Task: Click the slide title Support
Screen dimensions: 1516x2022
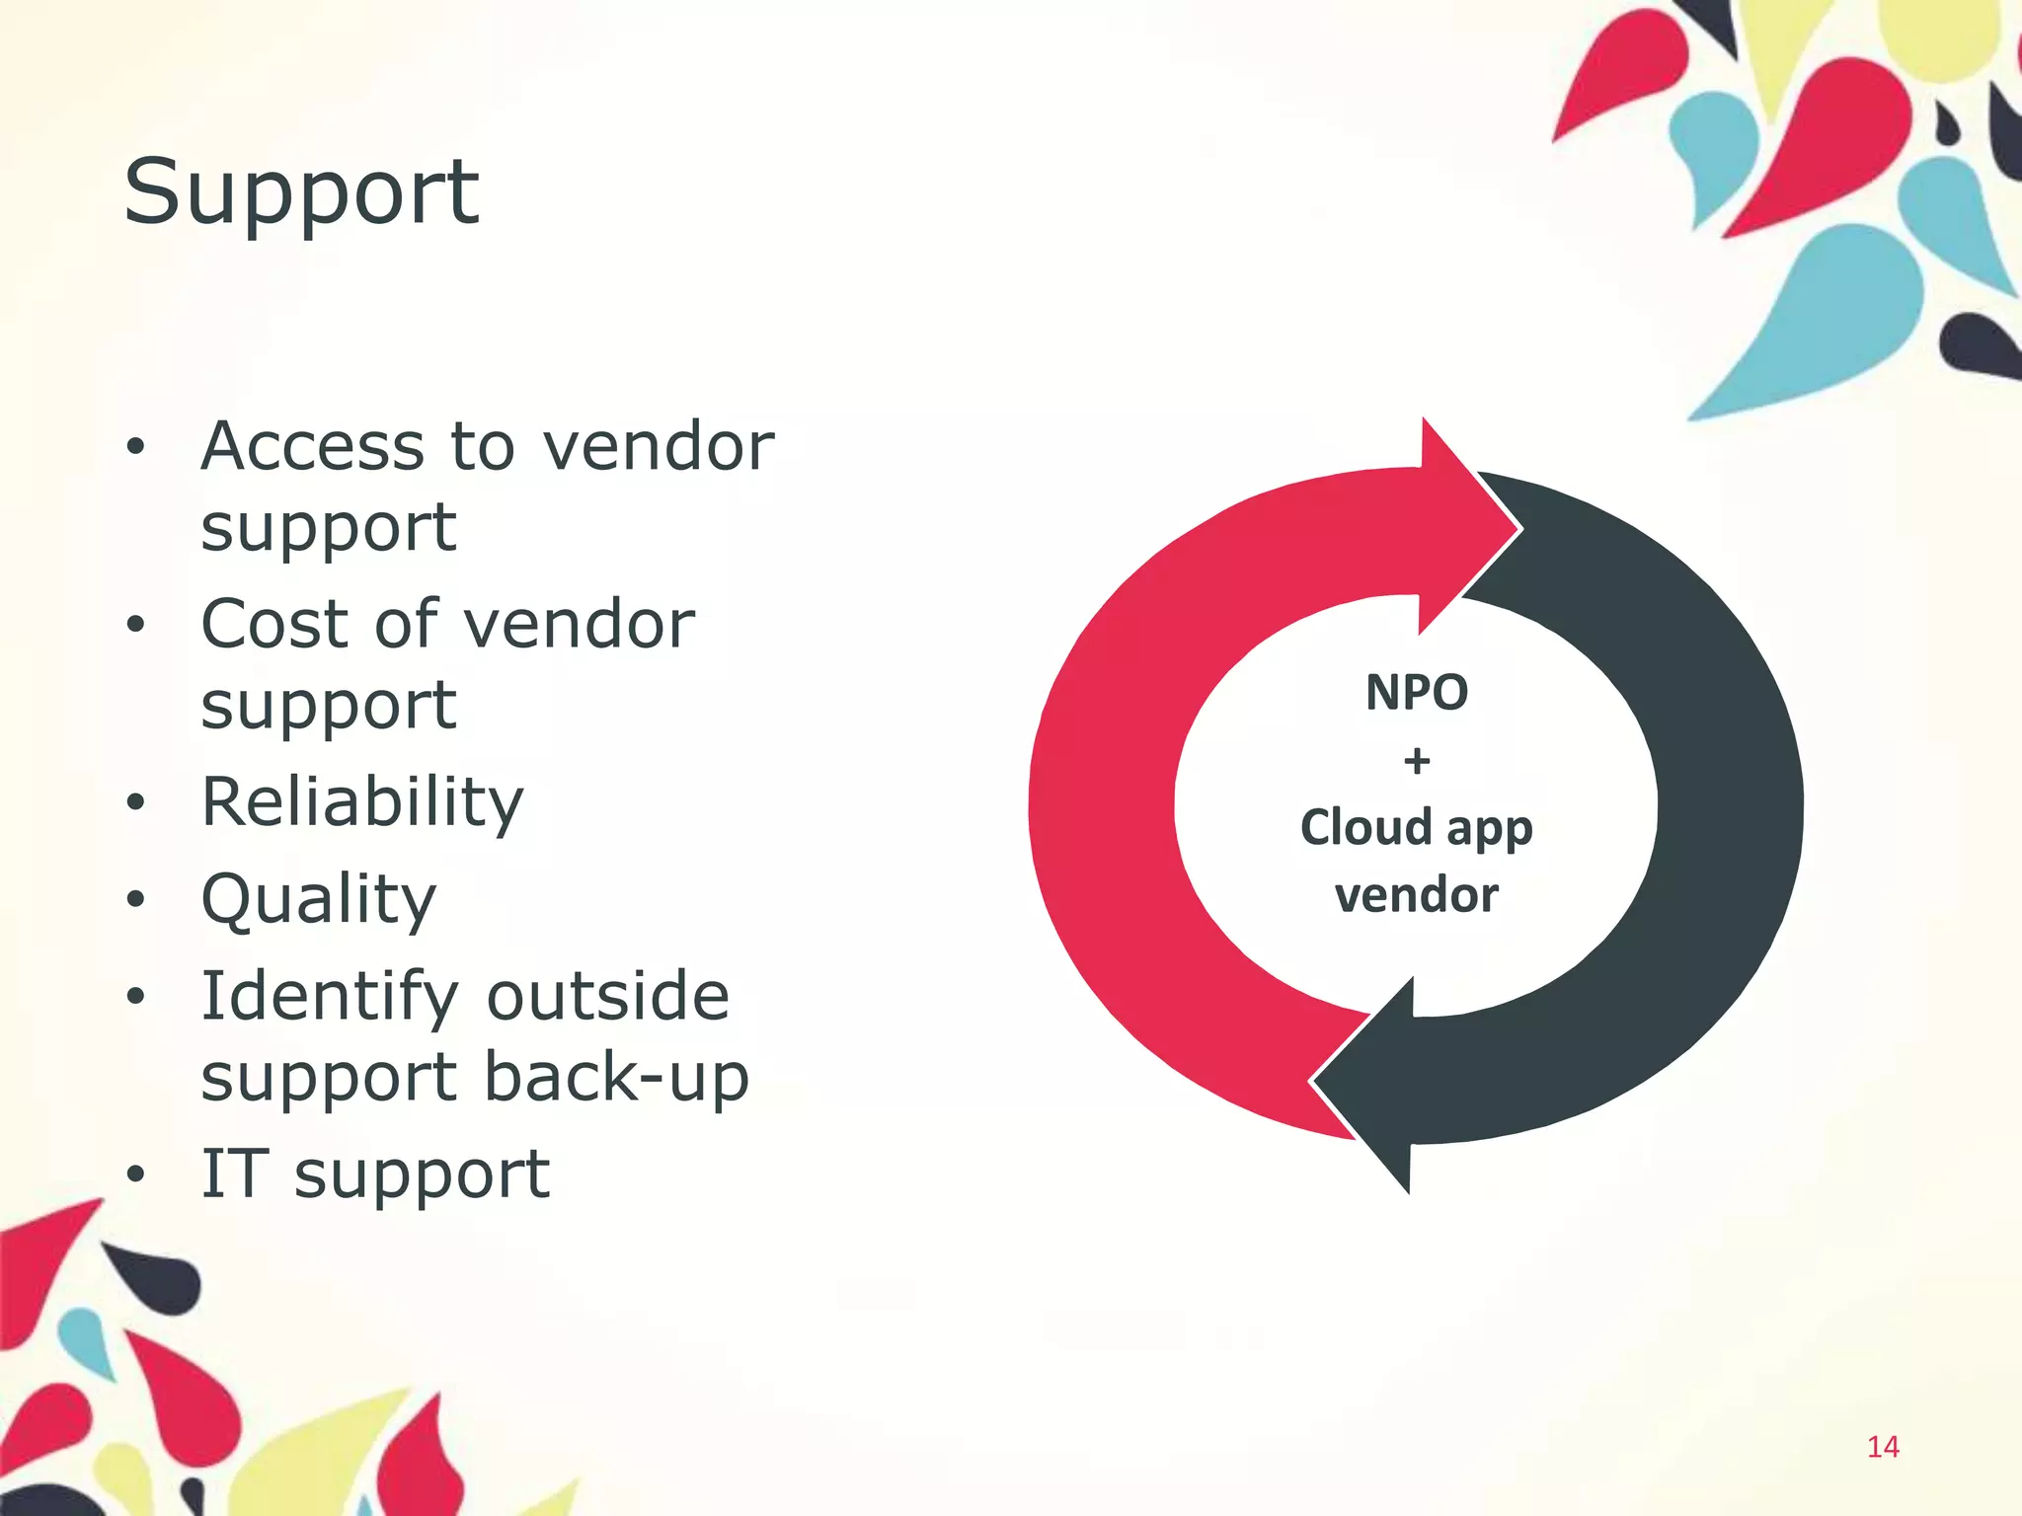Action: pos(301,192)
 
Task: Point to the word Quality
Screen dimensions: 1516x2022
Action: pos(318,899)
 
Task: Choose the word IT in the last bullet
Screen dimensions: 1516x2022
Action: pos(234,1174)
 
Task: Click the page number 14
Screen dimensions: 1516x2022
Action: pos(1883,1447)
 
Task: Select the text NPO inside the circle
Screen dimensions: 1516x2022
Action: pos(1417,692)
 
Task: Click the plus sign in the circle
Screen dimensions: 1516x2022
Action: pos(1417,761)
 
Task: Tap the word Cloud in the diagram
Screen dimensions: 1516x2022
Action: pos(1365,827)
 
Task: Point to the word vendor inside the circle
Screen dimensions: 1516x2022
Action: pos(1417,895)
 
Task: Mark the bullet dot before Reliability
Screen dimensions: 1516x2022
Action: pos(136,802)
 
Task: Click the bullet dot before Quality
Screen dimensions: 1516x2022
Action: pos(136,899)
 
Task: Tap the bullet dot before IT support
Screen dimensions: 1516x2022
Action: pos(136,1175)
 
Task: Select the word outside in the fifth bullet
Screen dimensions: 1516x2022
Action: pos(607,996)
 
